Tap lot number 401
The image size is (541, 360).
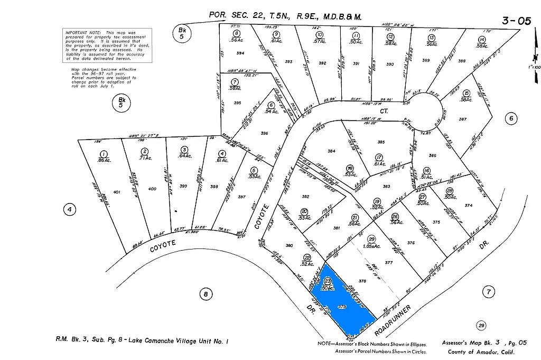coord(117,192)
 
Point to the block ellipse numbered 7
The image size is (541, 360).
coord(489,291)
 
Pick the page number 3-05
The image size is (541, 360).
coord(516,21)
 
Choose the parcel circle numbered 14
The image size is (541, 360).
coord(481,40)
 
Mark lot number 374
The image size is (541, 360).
coord(468,205)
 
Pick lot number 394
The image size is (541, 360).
coord(241,53)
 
